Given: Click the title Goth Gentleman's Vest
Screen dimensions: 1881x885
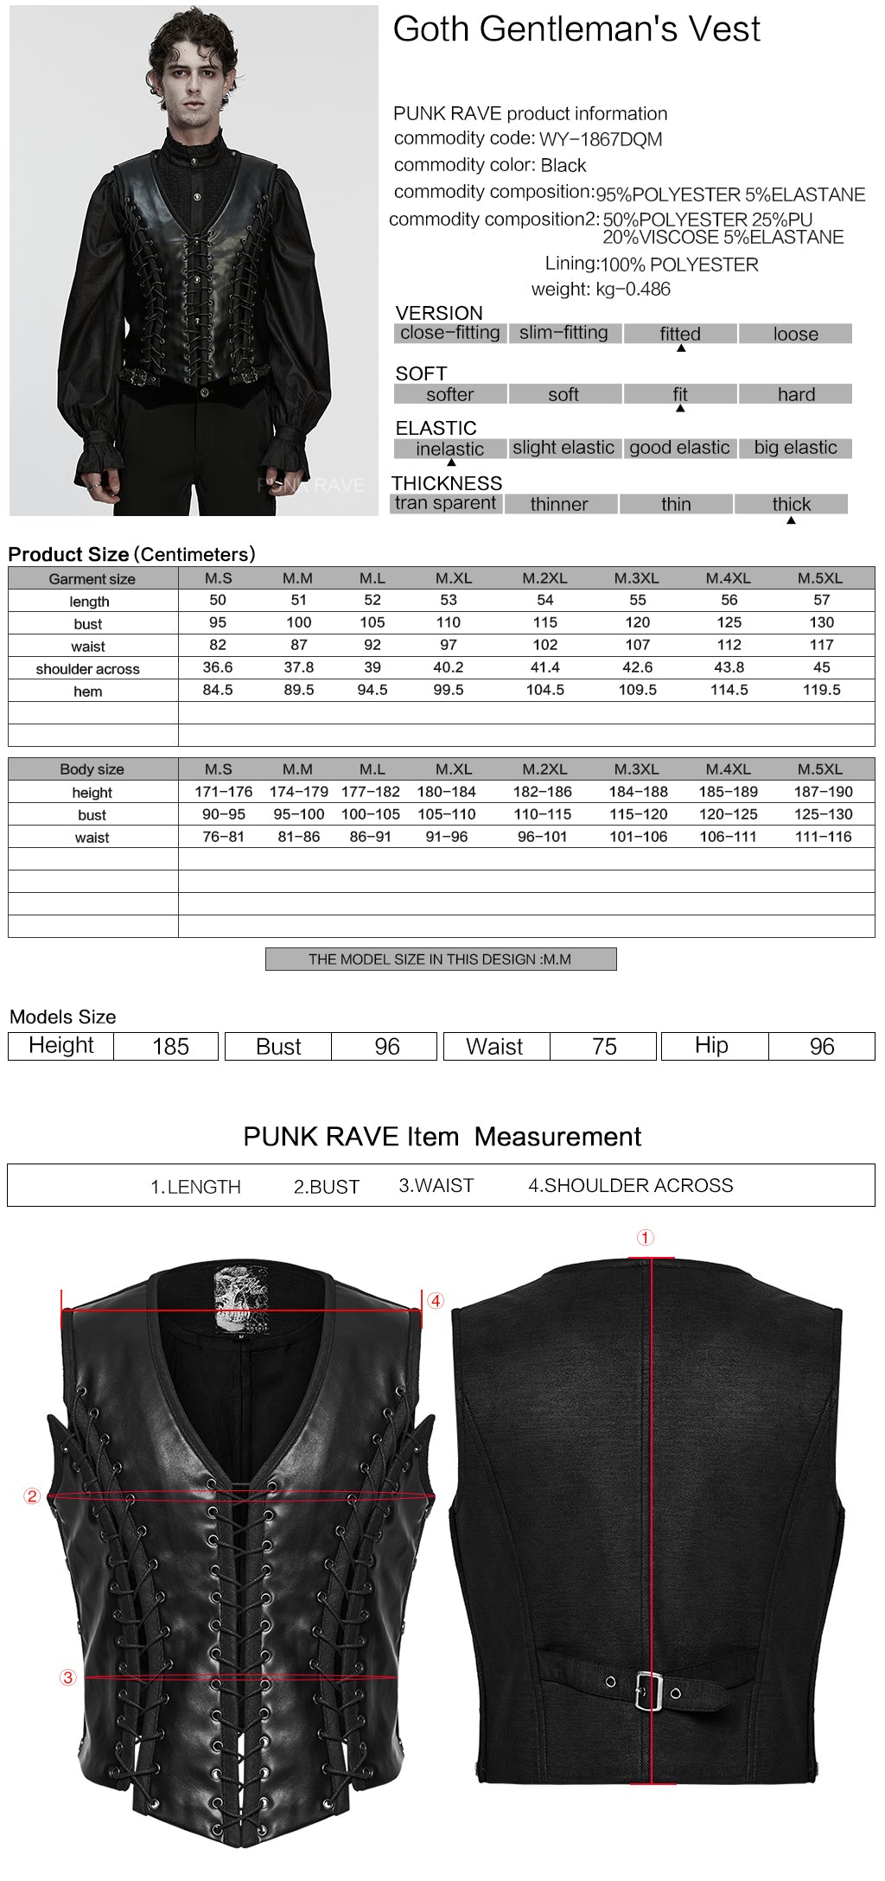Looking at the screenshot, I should click(x=576, y=29).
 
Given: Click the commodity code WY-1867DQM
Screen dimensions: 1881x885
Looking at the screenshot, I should click(x=601, y=139).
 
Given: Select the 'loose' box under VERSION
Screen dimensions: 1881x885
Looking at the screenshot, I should click(x=795, y=334).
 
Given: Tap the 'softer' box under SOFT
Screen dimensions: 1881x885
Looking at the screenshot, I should click(x=449, y=394).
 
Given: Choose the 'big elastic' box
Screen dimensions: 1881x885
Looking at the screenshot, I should click(x=795, y=448).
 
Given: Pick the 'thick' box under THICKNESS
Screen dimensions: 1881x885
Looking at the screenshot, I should click(x=791, y=504).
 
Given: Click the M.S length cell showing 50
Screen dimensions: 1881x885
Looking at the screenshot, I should click(x=218, y=600).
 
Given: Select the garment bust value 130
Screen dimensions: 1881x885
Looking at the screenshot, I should click(x=821, y=622).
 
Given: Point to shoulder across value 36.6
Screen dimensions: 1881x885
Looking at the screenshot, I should click(x=218, y=667).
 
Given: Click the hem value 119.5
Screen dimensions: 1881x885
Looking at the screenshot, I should click(x=821, y=690).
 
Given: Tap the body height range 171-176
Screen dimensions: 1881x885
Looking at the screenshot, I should click(x=224, y=792).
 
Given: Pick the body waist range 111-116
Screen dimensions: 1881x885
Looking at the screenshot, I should click(x=823, y=837).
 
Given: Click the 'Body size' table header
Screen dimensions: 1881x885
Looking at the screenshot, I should click(x=92, y=769).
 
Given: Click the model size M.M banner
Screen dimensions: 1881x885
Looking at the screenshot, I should click(x=441, y=960).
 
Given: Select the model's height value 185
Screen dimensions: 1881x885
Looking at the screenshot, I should click(x=170, y=1047).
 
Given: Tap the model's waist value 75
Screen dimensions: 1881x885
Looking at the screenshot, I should click(x=604, y=1047).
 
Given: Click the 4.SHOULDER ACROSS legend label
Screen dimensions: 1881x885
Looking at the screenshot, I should click(x=630, y=1186).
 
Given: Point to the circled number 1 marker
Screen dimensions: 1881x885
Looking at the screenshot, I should click(x=646, y=1238).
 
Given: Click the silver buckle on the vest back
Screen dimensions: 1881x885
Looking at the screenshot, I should click(x=649, y=1691).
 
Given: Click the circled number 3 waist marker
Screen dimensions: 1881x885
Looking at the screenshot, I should click(x=68, y=1678).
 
